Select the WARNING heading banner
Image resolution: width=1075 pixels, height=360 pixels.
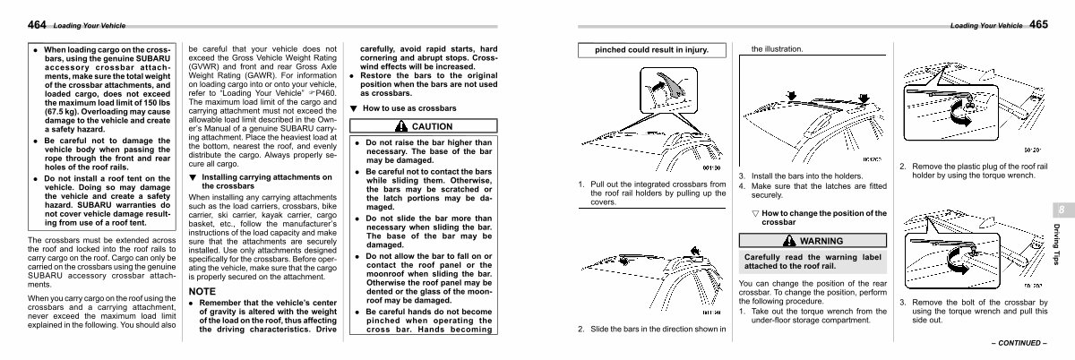coord(812,241)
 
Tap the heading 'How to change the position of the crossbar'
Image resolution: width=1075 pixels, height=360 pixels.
coord(817,217)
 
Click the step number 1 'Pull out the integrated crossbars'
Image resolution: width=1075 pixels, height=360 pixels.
coord(581,184)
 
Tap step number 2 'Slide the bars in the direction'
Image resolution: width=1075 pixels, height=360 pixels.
coord(581,329)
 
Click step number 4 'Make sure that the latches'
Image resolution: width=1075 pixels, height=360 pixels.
coord(741,184)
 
